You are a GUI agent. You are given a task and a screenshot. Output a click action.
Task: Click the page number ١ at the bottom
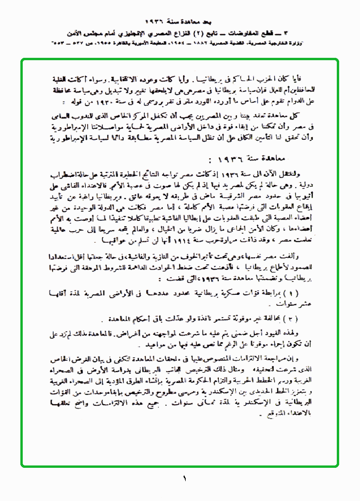point(184,479)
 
